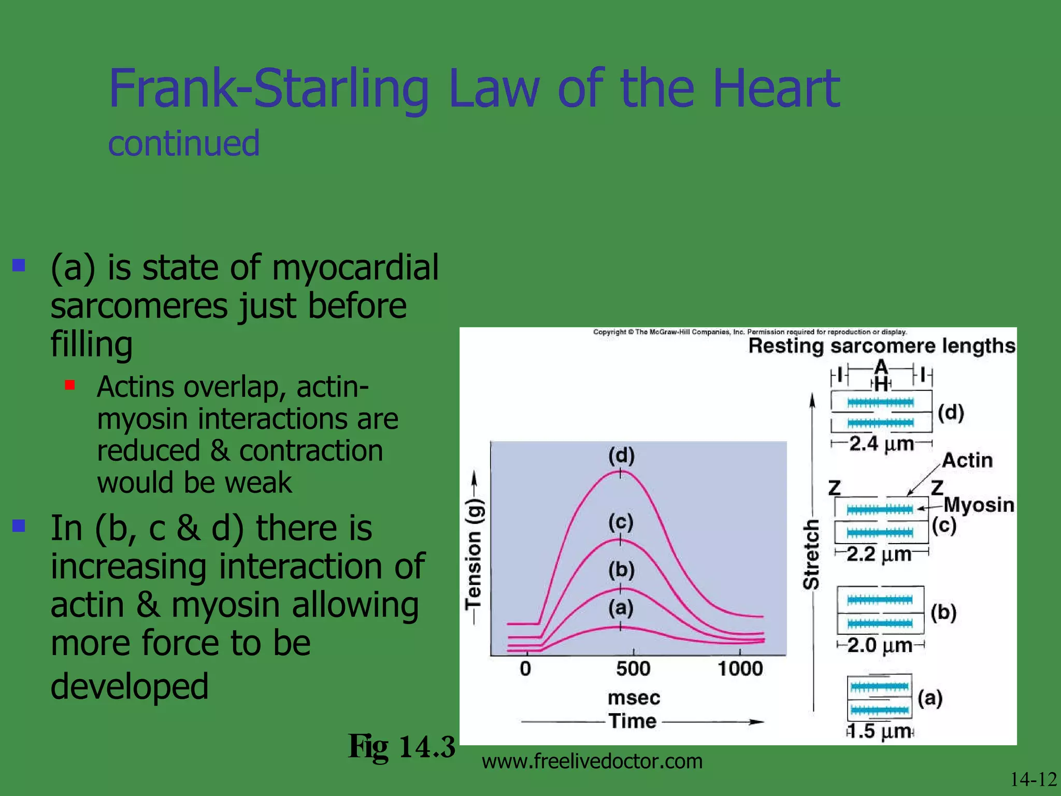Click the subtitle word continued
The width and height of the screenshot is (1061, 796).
(183, 144)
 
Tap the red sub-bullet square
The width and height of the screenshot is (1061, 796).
(70, 385)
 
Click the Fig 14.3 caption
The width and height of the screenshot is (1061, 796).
(401, 747)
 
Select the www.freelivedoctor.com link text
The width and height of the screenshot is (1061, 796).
(592, 761)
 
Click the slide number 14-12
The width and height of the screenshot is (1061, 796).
(1033, 779)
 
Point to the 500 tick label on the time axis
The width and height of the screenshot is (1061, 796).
(633, 669)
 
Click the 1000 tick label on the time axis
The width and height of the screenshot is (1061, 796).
(740, 669)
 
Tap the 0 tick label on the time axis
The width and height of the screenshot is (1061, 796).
(525, 669)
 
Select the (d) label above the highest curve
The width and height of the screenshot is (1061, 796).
(621, 456)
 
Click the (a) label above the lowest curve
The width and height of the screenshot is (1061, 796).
(621, 607)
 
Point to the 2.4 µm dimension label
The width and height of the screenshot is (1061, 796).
(881, 444)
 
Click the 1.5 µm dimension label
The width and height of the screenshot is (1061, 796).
(880, 731)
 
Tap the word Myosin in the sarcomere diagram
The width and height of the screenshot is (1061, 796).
(978, 505)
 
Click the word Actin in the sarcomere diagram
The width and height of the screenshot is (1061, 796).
(967, 460)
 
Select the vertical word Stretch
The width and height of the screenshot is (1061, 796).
(811, 555)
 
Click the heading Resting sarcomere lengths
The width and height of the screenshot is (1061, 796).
(882, 346)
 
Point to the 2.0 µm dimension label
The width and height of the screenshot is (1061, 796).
(880, 646)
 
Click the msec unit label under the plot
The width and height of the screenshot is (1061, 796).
(634, 698)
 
